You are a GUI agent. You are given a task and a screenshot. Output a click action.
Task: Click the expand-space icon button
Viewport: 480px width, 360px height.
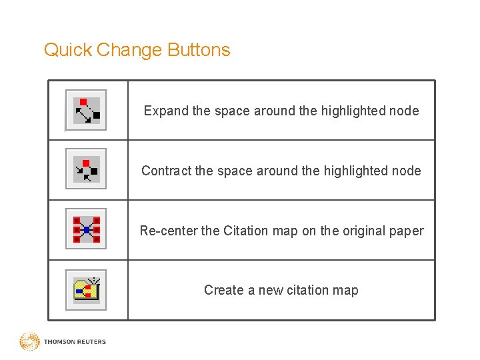click(86, 110)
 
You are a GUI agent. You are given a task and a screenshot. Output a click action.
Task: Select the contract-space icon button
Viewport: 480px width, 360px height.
click(86, 170)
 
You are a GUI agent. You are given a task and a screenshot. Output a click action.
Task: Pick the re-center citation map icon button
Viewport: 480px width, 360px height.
click(86, 230)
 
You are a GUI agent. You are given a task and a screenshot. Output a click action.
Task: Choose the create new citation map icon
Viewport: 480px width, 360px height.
click(86, 290)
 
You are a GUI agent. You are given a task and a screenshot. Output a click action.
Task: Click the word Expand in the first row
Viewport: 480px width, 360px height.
click(166, 111)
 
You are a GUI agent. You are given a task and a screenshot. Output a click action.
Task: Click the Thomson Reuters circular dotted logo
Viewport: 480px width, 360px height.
click(29, 342)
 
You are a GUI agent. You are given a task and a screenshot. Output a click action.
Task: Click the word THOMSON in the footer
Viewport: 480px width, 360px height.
click(59, 342)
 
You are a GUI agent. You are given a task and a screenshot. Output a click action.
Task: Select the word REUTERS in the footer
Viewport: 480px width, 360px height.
click(91, 342)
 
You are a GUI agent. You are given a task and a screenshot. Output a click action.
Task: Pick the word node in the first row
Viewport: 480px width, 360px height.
click(405, 111)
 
